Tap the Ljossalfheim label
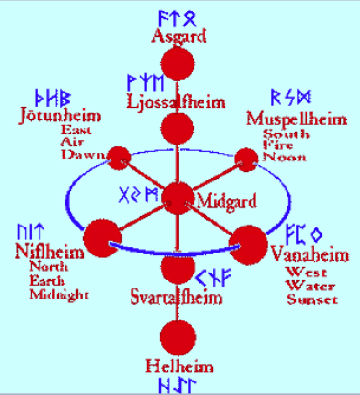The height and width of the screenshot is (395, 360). pyautogui.click(x=176, y=101)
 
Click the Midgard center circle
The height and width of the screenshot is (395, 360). pyautogui.click(x=178, y=199)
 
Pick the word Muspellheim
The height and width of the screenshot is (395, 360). pyautogui.click(x=297, y=119)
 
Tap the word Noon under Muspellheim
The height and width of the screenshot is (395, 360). pyautogui.click(x=284, y=157)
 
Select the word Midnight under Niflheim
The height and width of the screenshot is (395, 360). pyautogui.click(x=59, y=294)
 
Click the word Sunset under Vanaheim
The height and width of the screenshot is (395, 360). pyautogui.click(x=312, y=300)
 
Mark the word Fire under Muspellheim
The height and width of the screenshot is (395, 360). pyautogui.click(x=279, y=146)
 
